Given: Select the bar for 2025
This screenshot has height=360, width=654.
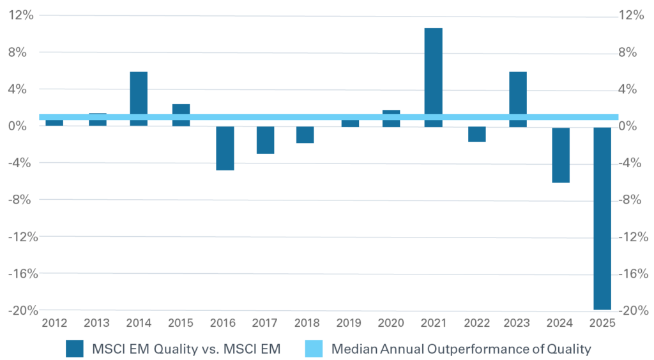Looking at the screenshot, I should click(x=602, y=218).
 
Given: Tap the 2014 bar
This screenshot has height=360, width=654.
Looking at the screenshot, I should click(x=139, y=98).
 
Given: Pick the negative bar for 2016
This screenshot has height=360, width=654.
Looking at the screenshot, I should click(x=225, y=148).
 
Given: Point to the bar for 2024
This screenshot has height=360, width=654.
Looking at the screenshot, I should click(x=560, y=154).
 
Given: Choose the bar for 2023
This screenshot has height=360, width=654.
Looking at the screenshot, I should click(x=518, y=98).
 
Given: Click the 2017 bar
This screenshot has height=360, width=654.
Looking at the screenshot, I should click(x=266, y=140).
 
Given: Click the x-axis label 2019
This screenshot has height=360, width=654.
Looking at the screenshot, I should click(x=349, y=323).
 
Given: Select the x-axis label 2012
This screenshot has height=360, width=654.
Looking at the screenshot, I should click(x=54, y=323).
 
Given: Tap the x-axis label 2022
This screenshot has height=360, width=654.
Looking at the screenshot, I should click(x=476, y=323).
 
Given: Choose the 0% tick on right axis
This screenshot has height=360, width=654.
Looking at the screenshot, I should click(x=632, y=126).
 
